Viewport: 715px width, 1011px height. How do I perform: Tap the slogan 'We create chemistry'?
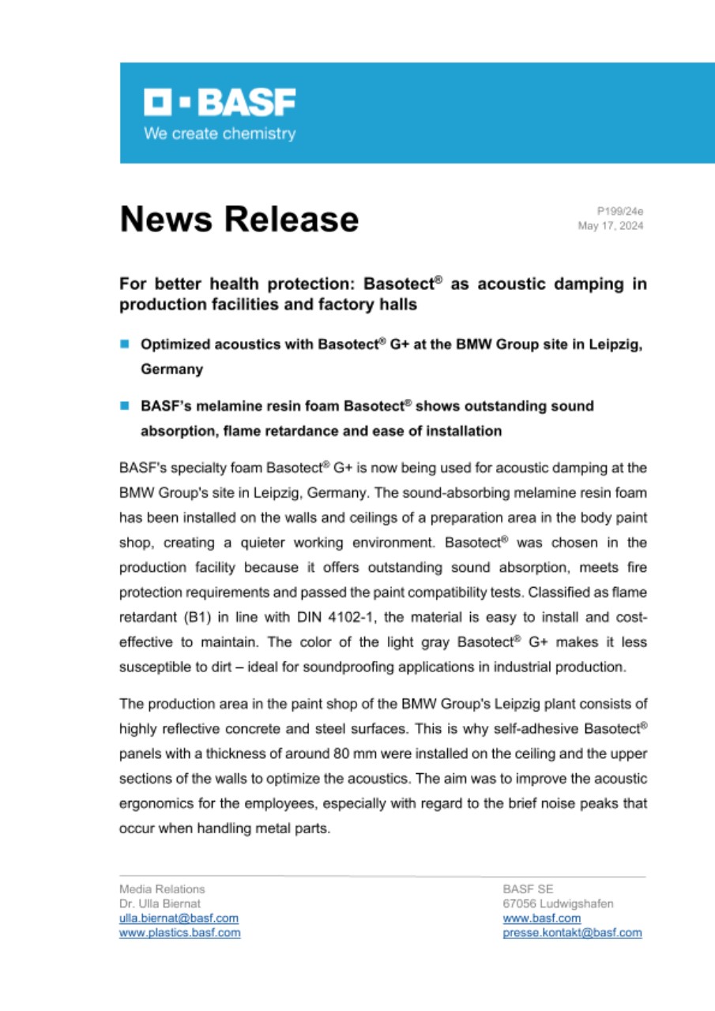tap(220, 133)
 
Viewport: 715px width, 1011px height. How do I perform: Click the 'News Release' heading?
tap(239, 219)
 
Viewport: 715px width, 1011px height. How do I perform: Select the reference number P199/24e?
tap(620, 211)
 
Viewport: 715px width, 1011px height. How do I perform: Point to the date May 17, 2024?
tap(612, 226)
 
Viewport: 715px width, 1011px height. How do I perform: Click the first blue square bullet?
tap(124, 344)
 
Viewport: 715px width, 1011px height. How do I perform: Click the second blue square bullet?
tap(124, 406)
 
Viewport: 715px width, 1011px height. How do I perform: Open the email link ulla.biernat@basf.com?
tap(179, 918)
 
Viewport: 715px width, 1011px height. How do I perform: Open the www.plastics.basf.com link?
tap(179, 933)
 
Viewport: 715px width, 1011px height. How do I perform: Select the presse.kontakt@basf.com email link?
tap(572, 933)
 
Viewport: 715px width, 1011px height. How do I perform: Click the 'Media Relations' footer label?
tap(161, 889)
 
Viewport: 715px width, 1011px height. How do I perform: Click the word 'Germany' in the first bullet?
tap(171, 369)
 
